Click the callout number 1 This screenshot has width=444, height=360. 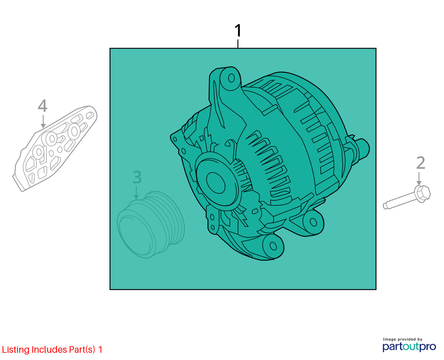pyautogui.click(x=238, y=30)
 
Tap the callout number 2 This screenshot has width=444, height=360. pyautogui.click(x=420, y=163)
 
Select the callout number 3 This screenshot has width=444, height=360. pyautogui.click(x=137, y=177)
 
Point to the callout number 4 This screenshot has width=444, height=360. pyautogui.click(x=42, y=105)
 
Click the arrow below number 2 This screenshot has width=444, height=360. pyautogui.click(x=419, y=179)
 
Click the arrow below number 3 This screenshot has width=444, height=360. pyautogui.click(x=136, y=193)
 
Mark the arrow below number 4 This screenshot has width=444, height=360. pyautogui.click(x=43, y=121)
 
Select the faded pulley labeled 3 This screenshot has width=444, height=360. pyautogui.click(x=151, y=225)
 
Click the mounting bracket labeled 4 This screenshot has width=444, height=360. pyautogui.click(x=55, y=148)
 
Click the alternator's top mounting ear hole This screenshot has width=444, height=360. pyautogui.click(x=231, y=78)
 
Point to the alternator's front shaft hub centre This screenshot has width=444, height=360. pyautogui.click(x=215, y=183)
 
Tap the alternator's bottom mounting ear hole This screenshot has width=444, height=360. pyautogui.click(x=273, y=246)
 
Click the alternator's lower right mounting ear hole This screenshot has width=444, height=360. pyautogui.click(x=313, y=222)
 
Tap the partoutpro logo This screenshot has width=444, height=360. pyautogui.click(x=409, y=347)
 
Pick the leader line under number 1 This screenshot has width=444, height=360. pyautogui.click(x=238, y=44)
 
